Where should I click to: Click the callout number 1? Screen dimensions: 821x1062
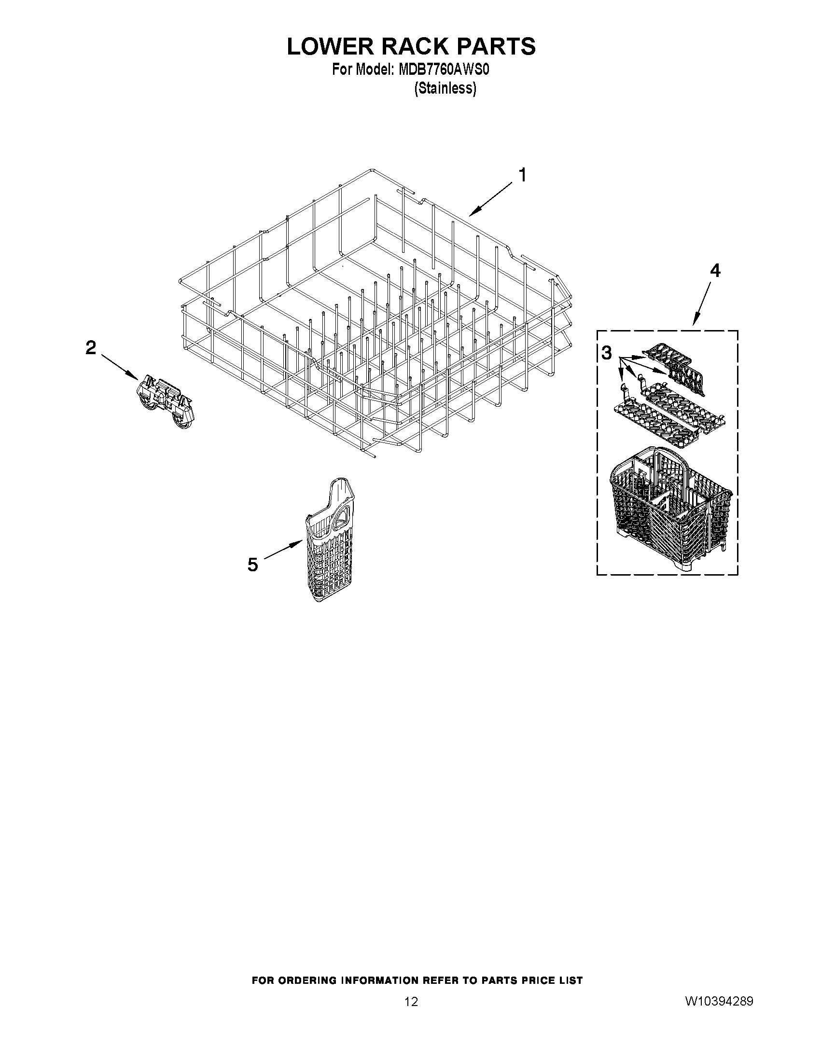point(522,175)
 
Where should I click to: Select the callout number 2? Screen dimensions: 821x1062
point(91,348)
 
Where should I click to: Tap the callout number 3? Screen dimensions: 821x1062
point(606,353)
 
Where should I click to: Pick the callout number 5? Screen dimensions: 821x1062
point(252,565)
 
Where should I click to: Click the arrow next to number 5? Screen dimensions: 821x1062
point(282,552)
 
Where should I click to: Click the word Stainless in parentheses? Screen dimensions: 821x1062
point(445,88)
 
